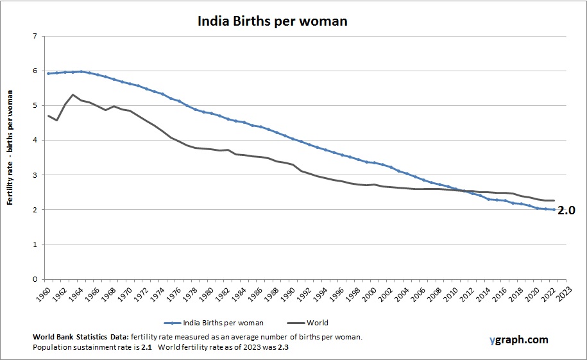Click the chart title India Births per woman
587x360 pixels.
pos(271,21)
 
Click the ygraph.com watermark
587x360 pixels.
pos(517,339)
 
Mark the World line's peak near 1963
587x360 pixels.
pos(72,94)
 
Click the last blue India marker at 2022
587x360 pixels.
pos(554,209)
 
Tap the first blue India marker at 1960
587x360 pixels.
pos(48,73)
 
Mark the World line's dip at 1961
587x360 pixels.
pos(56,120)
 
